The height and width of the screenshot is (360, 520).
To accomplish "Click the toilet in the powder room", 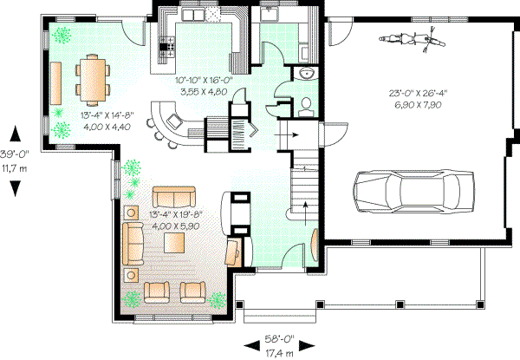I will [x=305, y=107].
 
